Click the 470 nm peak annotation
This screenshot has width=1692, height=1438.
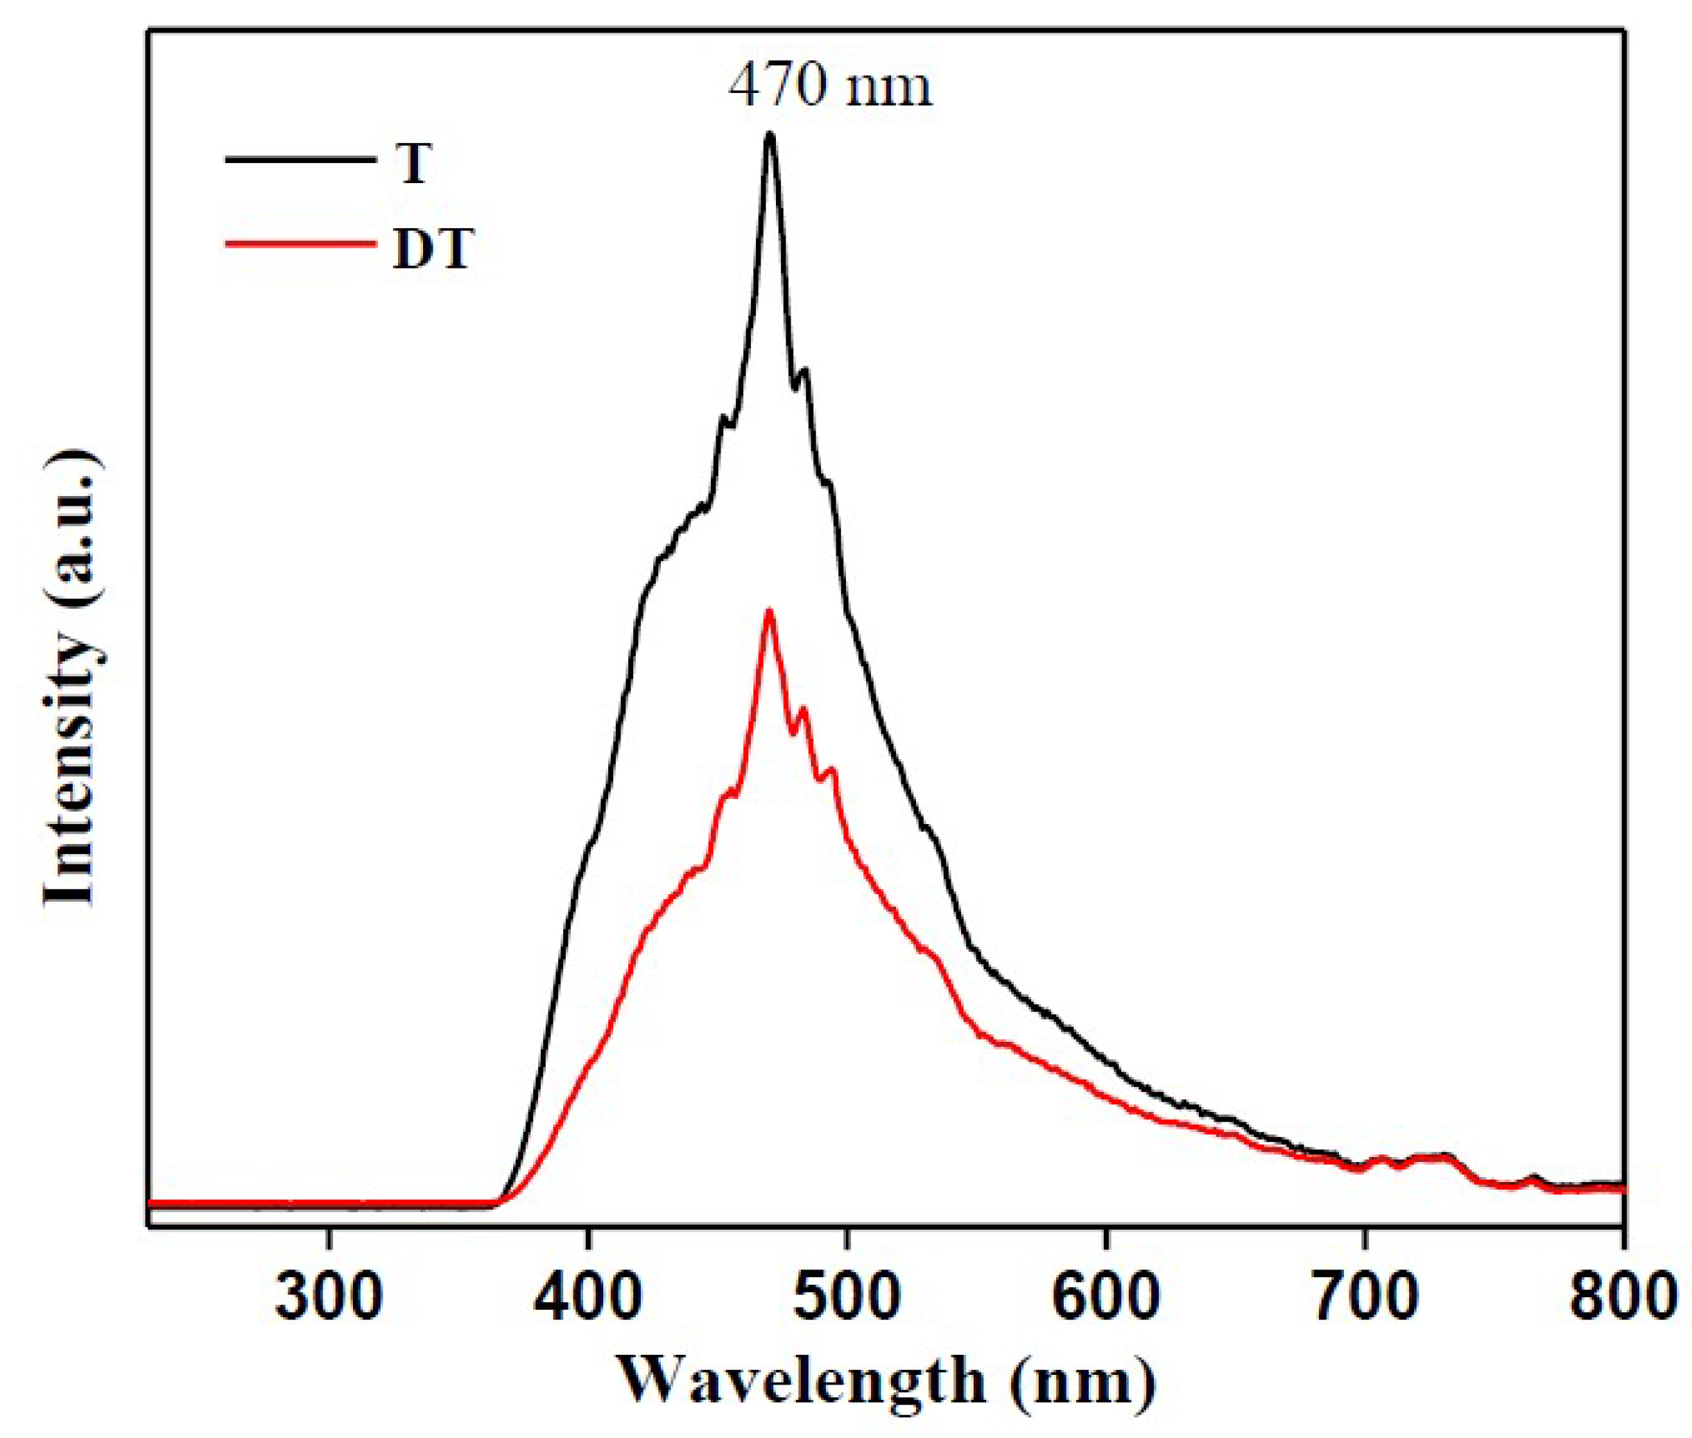(829, 87)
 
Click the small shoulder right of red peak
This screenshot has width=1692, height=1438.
(804, 710)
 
